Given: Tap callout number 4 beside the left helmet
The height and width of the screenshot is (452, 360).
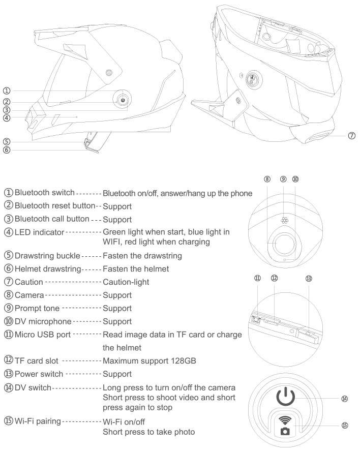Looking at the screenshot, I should coord(6,118).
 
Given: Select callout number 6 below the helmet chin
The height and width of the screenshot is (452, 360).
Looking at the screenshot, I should coord(6,150).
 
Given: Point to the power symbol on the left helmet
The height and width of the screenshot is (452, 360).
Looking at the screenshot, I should coord(123,100).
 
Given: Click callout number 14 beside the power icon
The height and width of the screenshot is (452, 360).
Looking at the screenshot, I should coord(345,399).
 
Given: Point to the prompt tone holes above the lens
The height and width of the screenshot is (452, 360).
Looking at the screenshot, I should coord(284,222).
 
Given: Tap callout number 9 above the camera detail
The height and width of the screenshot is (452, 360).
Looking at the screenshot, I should coord(283,179).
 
